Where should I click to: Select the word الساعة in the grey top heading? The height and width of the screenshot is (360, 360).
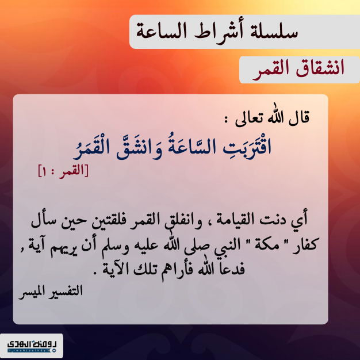(x=161, y=31)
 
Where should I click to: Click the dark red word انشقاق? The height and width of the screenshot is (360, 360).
(x=320, y=68)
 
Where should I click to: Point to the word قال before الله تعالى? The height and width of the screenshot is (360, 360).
(x=299, y=117)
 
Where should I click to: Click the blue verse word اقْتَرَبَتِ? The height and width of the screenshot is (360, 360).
(x=247, y=147)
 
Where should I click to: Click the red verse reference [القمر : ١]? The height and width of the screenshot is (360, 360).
(x=63, y=171)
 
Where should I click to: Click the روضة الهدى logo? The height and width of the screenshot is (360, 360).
(x=32, y=346)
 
